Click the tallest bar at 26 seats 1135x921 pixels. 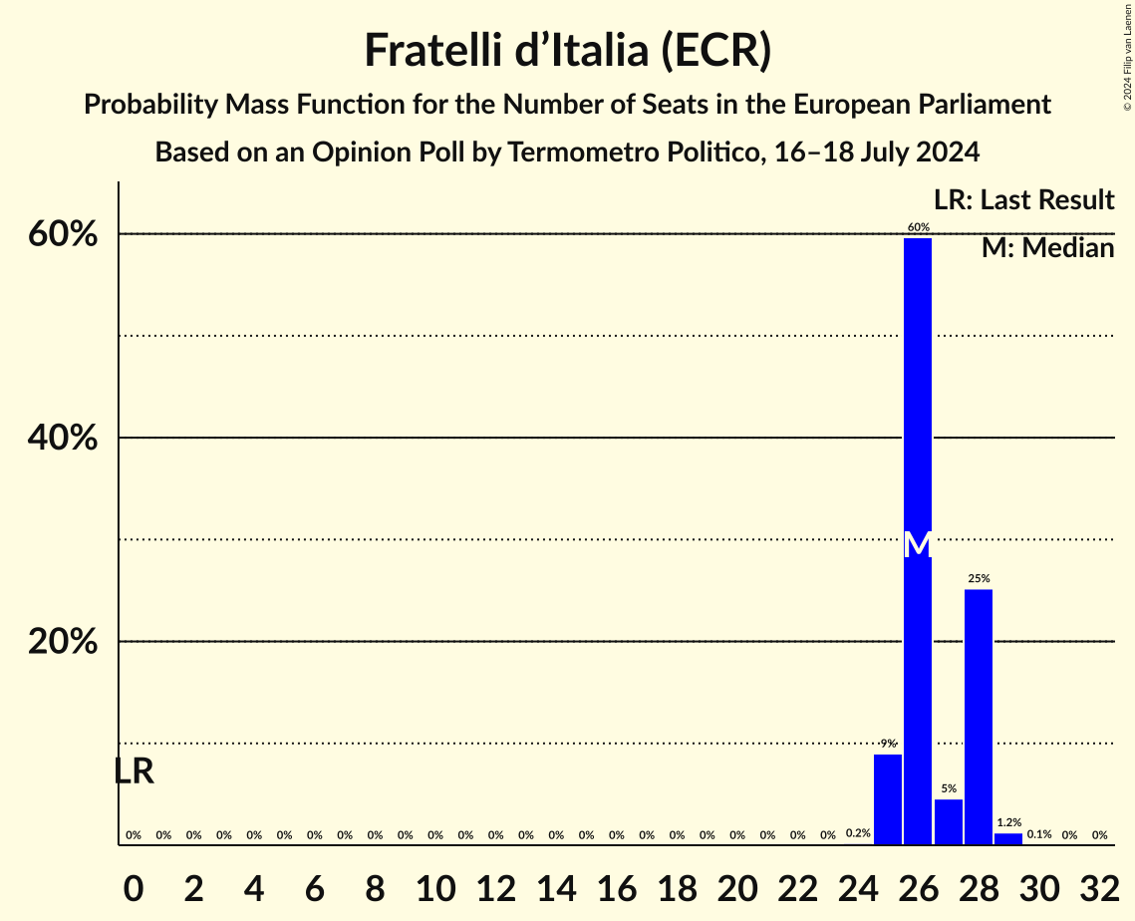(918, 399)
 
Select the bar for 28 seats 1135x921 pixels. (979, 718)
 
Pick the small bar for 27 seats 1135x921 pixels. (949, 822)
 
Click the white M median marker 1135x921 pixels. (918, 544)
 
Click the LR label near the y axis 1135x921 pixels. (134, 771)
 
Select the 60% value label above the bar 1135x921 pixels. (918, 227)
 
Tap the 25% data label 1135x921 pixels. (979, 578)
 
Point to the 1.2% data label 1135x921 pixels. (1008, 822)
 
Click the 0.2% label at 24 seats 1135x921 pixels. (858, 832)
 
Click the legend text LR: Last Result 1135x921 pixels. (1023, 200)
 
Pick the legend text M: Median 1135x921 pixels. (1047, 248)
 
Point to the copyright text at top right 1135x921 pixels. (1127, 55)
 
